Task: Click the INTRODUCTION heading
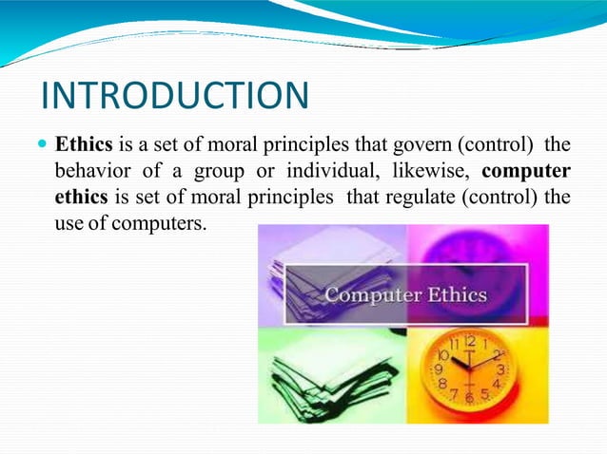click(176, 96)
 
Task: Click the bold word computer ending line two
click(526, 172)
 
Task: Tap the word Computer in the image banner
click(370, 293)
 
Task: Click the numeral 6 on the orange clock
click(469, 399)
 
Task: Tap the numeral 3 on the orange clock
click(500, 369)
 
